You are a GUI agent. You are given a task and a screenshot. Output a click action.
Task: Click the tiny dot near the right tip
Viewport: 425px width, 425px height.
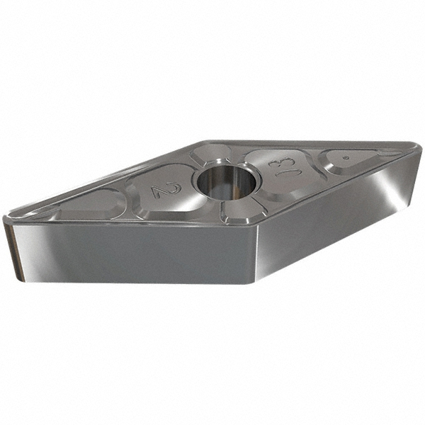(x=346, y=158)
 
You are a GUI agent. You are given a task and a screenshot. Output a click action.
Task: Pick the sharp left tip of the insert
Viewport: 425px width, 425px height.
(x=5, y=216)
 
